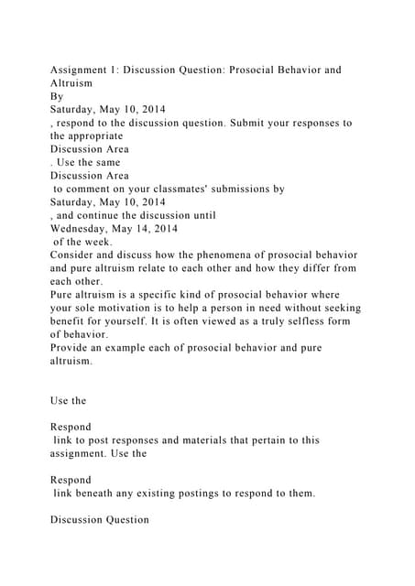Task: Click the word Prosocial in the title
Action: point(251,70)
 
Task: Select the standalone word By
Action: point(57,95)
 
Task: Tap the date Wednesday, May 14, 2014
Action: point(114,228)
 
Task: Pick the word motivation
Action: point(116,309)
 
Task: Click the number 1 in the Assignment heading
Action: point(126,70)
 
